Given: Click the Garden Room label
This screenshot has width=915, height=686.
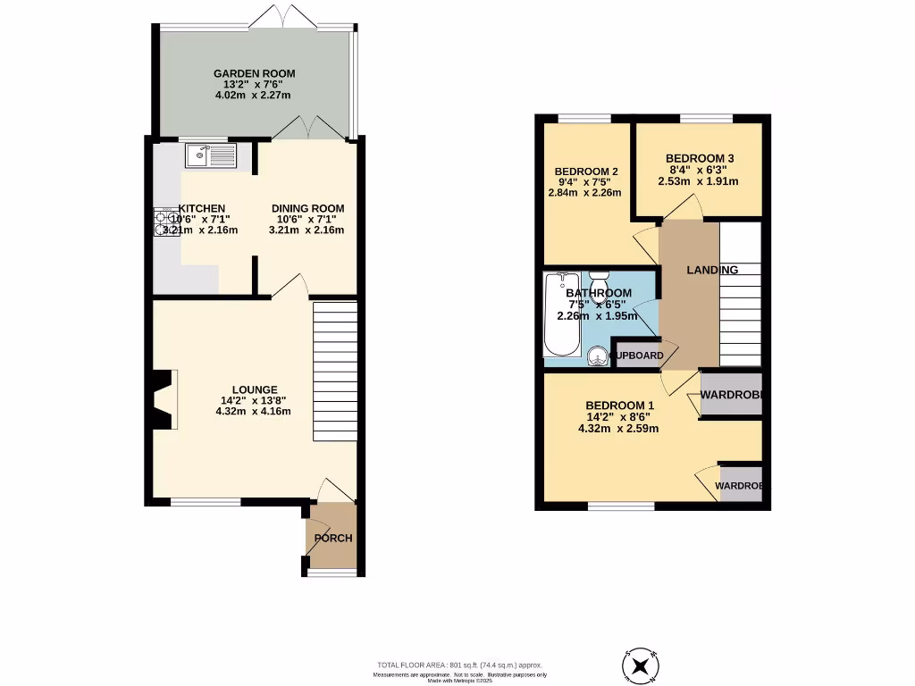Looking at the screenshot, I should pyautogui.click(x=254, y=73).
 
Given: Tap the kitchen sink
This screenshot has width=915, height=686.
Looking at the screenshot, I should pyautogui.click(x=211, y=157).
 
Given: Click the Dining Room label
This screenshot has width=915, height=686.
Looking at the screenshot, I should pyautogui.click(x=307, y=209).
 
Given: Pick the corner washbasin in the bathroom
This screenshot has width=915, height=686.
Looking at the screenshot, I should pyautogui.click(x=596, y=356).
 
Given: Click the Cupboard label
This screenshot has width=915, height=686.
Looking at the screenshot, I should pyautogui.click(x=636, y=356).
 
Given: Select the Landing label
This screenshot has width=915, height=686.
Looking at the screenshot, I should pyautogui.click(x=711, y=270).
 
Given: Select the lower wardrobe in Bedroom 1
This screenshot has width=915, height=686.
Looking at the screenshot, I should pyautogui.click(x=741, y=486).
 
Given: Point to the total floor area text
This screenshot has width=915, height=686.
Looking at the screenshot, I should pyautogui.click(x=459, y=665).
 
